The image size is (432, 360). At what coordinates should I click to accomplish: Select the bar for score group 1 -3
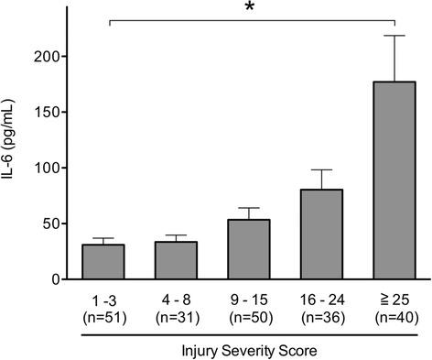(x=103, y=262)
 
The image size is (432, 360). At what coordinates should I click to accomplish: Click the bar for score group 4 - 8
(x=176, y=260)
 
